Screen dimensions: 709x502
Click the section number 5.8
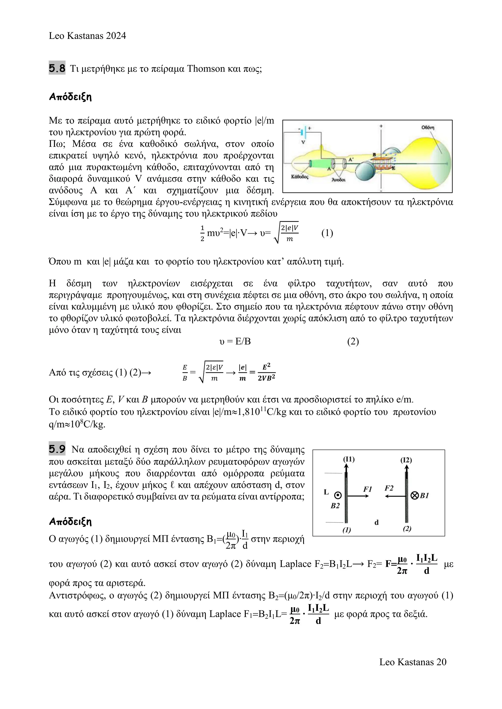tap(57, 68)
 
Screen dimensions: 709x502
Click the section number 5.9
tap(57, 449)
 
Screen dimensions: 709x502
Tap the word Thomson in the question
tap(206, 69)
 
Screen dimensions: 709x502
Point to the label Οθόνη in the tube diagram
tap(428, 127)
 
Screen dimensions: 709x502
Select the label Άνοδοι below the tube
tap(339, 180)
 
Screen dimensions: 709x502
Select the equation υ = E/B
tap(235, 341)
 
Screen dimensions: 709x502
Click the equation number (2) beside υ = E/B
tap(353, 341)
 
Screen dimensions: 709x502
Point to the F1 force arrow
tap(359, 496)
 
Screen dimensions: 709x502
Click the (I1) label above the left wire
tap(349, 459)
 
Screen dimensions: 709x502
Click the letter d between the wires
tap(376, 522)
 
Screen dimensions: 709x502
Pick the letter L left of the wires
tap(326, 492)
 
